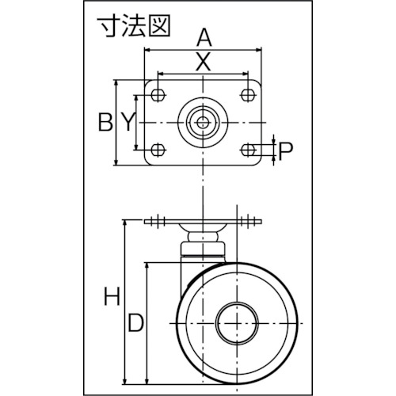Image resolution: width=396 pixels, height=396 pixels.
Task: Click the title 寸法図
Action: tap(134, 27)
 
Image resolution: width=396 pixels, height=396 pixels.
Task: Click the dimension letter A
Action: tap(204, 38)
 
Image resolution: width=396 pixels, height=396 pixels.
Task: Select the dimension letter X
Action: tap(203, 63)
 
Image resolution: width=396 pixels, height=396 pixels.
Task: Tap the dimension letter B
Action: tap(105, 122)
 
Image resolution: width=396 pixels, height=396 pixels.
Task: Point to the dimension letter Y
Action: tap(128, 122)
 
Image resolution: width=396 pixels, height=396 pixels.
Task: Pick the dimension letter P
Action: tap(286, 151)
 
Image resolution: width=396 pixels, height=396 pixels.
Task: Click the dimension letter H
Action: tap(112, 296)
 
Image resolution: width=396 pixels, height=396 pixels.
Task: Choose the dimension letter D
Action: tap(135, 322)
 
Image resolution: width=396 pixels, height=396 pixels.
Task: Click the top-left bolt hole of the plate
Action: tap(158, 94)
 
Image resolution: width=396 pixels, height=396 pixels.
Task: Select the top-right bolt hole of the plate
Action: tap(248, 94)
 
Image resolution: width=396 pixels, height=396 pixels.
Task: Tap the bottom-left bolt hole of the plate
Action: tap(158, 150)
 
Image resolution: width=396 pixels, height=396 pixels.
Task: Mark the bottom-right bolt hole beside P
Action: tap(248, 150)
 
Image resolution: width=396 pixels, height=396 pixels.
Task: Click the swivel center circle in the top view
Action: tap(203, 122)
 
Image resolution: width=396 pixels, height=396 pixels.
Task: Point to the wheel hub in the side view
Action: tap(237, 323)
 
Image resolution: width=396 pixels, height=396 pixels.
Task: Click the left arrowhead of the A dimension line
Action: tap(147, 49)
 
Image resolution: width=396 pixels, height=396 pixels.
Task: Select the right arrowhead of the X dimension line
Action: tap(245, 73)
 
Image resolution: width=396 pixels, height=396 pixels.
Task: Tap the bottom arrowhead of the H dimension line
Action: tap(124, 381)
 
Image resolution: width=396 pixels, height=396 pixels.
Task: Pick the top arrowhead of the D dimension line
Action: tap(147, 266)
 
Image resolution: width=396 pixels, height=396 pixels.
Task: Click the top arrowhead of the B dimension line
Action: tap(116, 83)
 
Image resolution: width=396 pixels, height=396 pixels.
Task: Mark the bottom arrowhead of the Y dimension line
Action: tap(136, 147)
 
